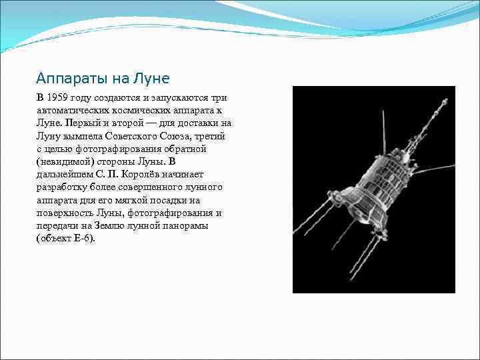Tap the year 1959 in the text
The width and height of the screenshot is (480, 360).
[x=58, y=97]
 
